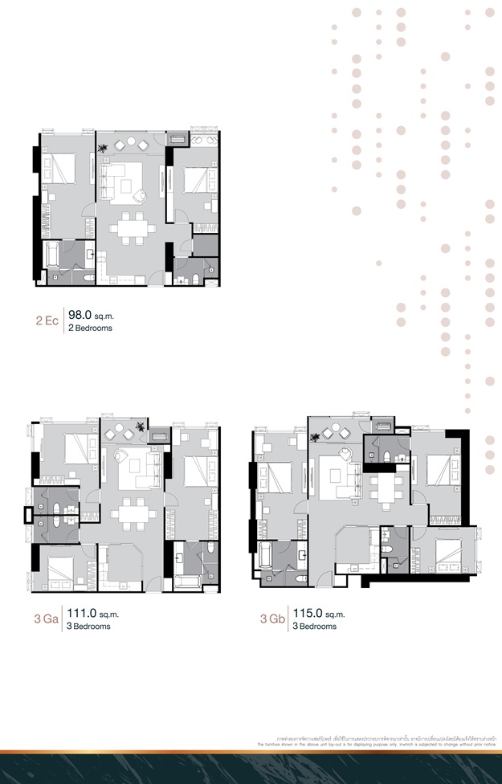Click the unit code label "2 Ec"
pyautogui.click(x=47, y=321)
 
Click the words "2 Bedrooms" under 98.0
pyautogui.click(x=91, y=329)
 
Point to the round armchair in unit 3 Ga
pyautogui.click(x=123, y=459)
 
